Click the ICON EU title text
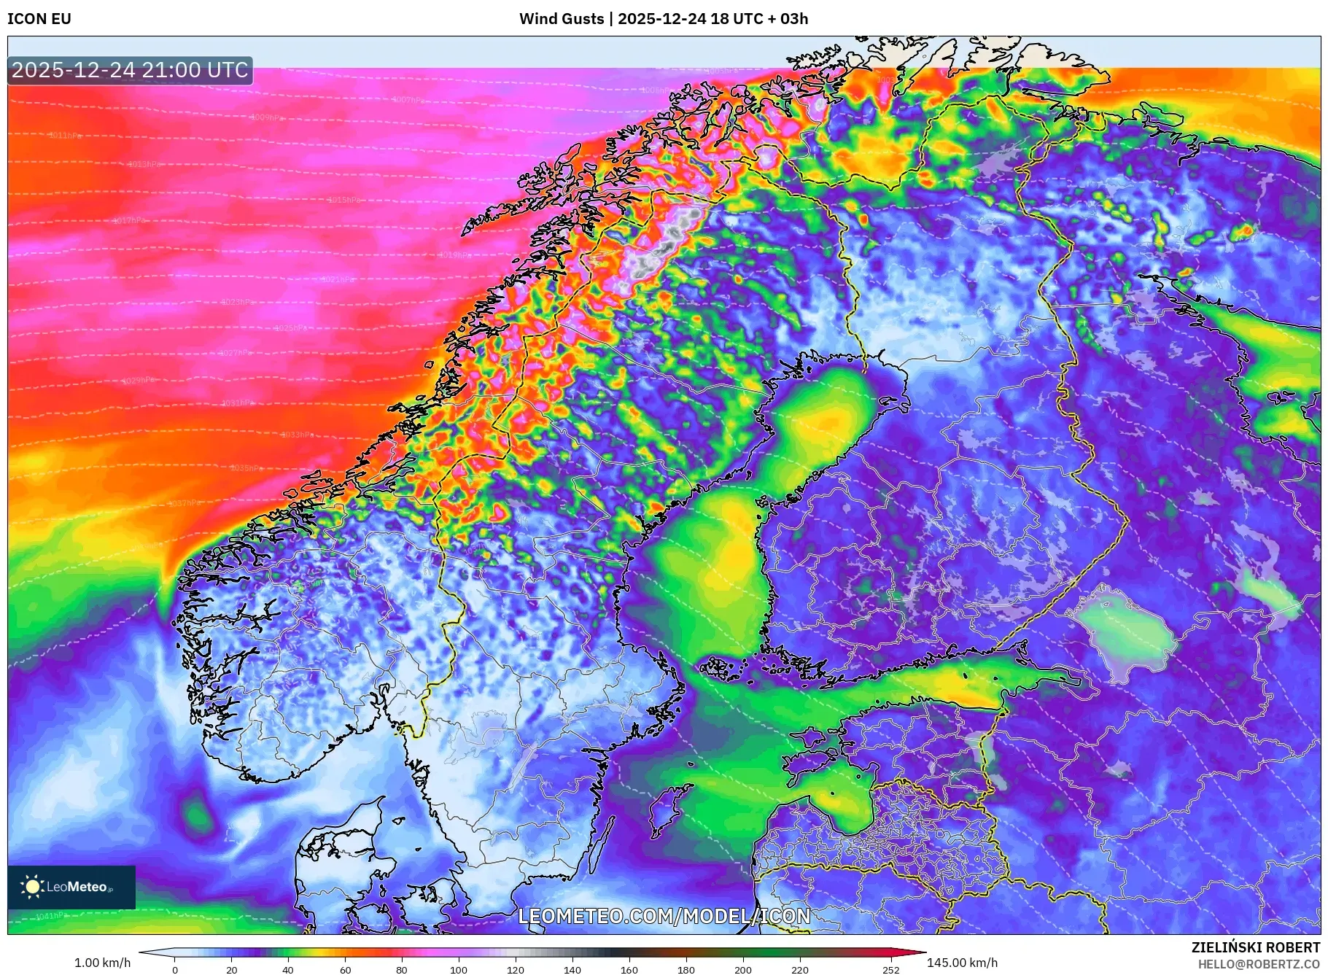click(39, 19)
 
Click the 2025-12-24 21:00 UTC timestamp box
click(130, 70)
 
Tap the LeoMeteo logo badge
click(71, 887)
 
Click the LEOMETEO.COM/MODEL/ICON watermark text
click(664, 916)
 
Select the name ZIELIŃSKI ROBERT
click(1255, 947)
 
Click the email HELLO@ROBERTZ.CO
click(1259, 964)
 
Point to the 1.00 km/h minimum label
click(103, 963)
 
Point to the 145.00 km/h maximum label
click(962, 963)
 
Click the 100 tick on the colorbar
click(458, 970)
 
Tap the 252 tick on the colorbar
click(891, 970)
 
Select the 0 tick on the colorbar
click(175, 970)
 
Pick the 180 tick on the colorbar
click(686, 970)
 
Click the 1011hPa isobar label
click(66, 136)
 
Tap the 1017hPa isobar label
click(129, 220)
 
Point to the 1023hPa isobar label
click(238, 302)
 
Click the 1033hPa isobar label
click(298, 435)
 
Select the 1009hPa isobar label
click(266, 117)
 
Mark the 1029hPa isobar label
click(138, 381)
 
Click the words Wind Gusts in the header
click(562, 19)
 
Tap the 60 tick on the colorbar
click(345, 970)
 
